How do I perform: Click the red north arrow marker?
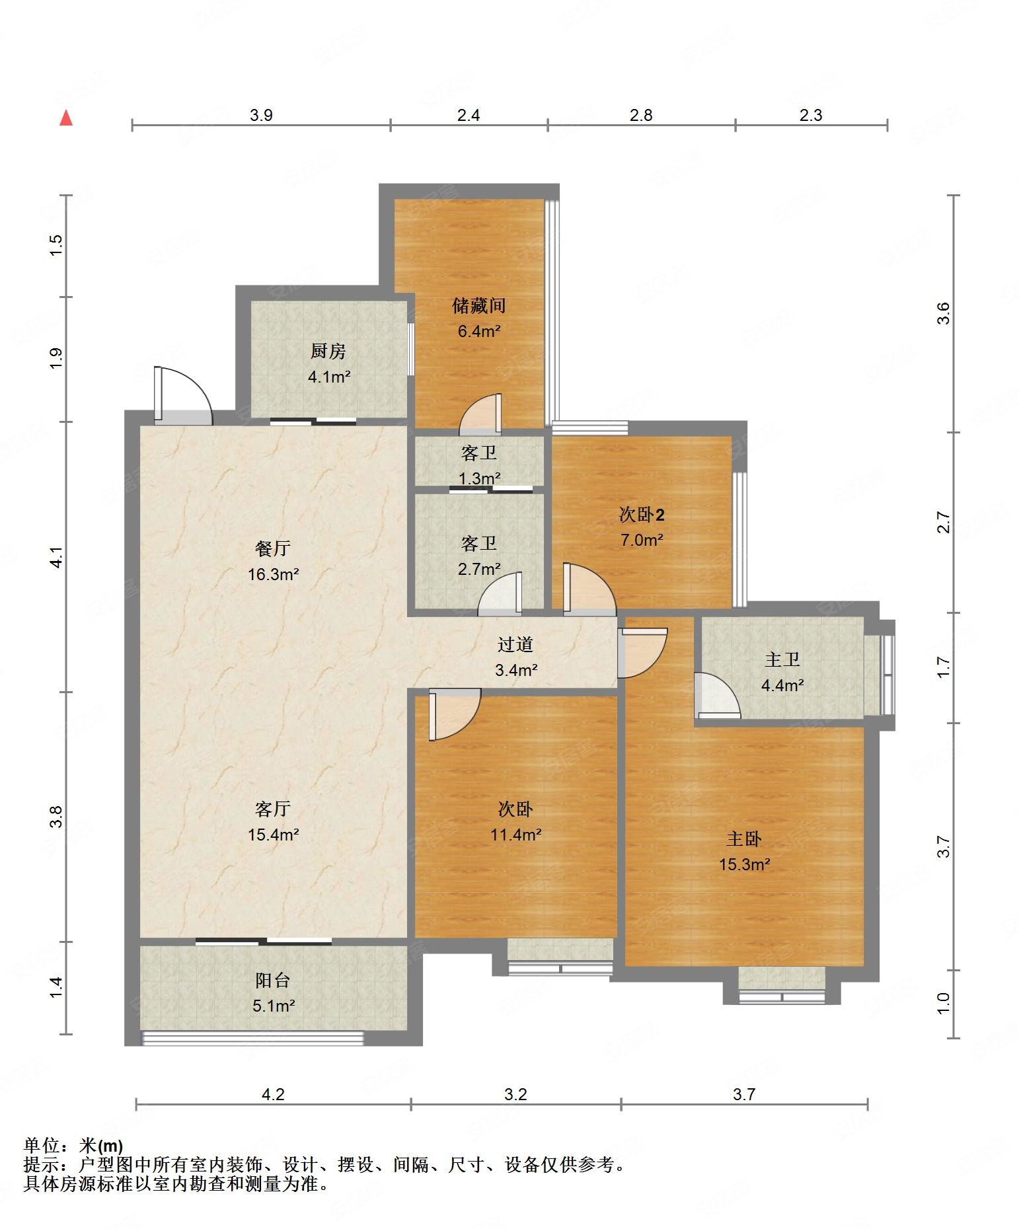tap(66, 118)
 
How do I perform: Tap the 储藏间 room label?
tap(479, 306)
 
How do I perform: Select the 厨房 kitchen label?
tap(328, 352)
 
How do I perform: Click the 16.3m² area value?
tap(274, 574)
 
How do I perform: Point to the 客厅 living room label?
tap(273, 809)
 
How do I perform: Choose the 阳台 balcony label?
tap(273, 981)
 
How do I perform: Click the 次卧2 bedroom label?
tap(642, 515)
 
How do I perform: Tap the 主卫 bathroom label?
tap(782, 659)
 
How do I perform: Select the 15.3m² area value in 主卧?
tap(745, 864)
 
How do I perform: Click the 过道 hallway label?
tap(515, 644)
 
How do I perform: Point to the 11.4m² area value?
tap(516, 835)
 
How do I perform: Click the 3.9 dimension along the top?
tap(261, 115)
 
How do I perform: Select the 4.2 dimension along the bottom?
tap(273, 1094)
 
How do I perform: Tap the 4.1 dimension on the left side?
tap(57, 557)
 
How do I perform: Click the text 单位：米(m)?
tap(73, 1145)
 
